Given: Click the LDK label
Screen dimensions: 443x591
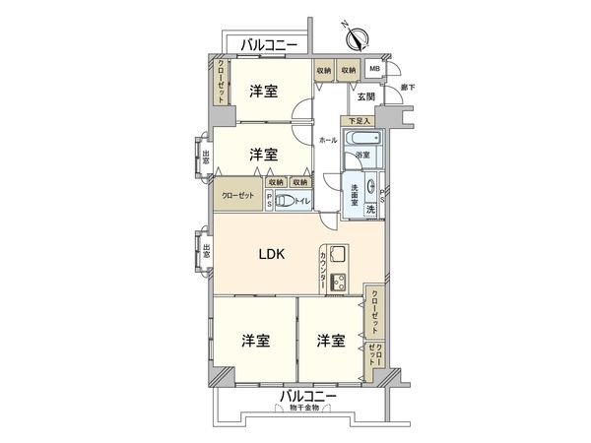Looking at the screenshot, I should pos(271,254).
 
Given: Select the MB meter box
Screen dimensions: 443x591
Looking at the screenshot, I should pos(374,70).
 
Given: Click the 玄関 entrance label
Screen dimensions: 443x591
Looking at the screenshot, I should pos(365,95).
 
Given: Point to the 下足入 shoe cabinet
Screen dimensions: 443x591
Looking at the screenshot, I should pos(359,121).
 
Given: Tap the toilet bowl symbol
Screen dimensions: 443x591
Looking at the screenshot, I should pos(284,201).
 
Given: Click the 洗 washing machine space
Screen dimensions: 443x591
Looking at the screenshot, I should pos(371,210).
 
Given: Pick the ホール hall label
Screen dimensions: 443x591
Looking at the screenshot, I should pos(328,141).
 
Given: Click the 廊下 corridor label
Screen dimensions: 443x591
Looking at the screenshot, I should pos(407,89).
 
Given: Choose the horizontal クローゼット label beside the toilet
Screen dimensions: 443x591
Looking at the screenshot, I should pos(237,196).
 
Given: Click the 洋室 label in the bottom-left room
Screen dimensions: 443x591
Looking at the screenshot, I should pos(256,341).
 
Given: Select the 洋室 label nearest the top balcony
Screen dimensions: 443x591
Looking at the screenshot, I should pos(262,92).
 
